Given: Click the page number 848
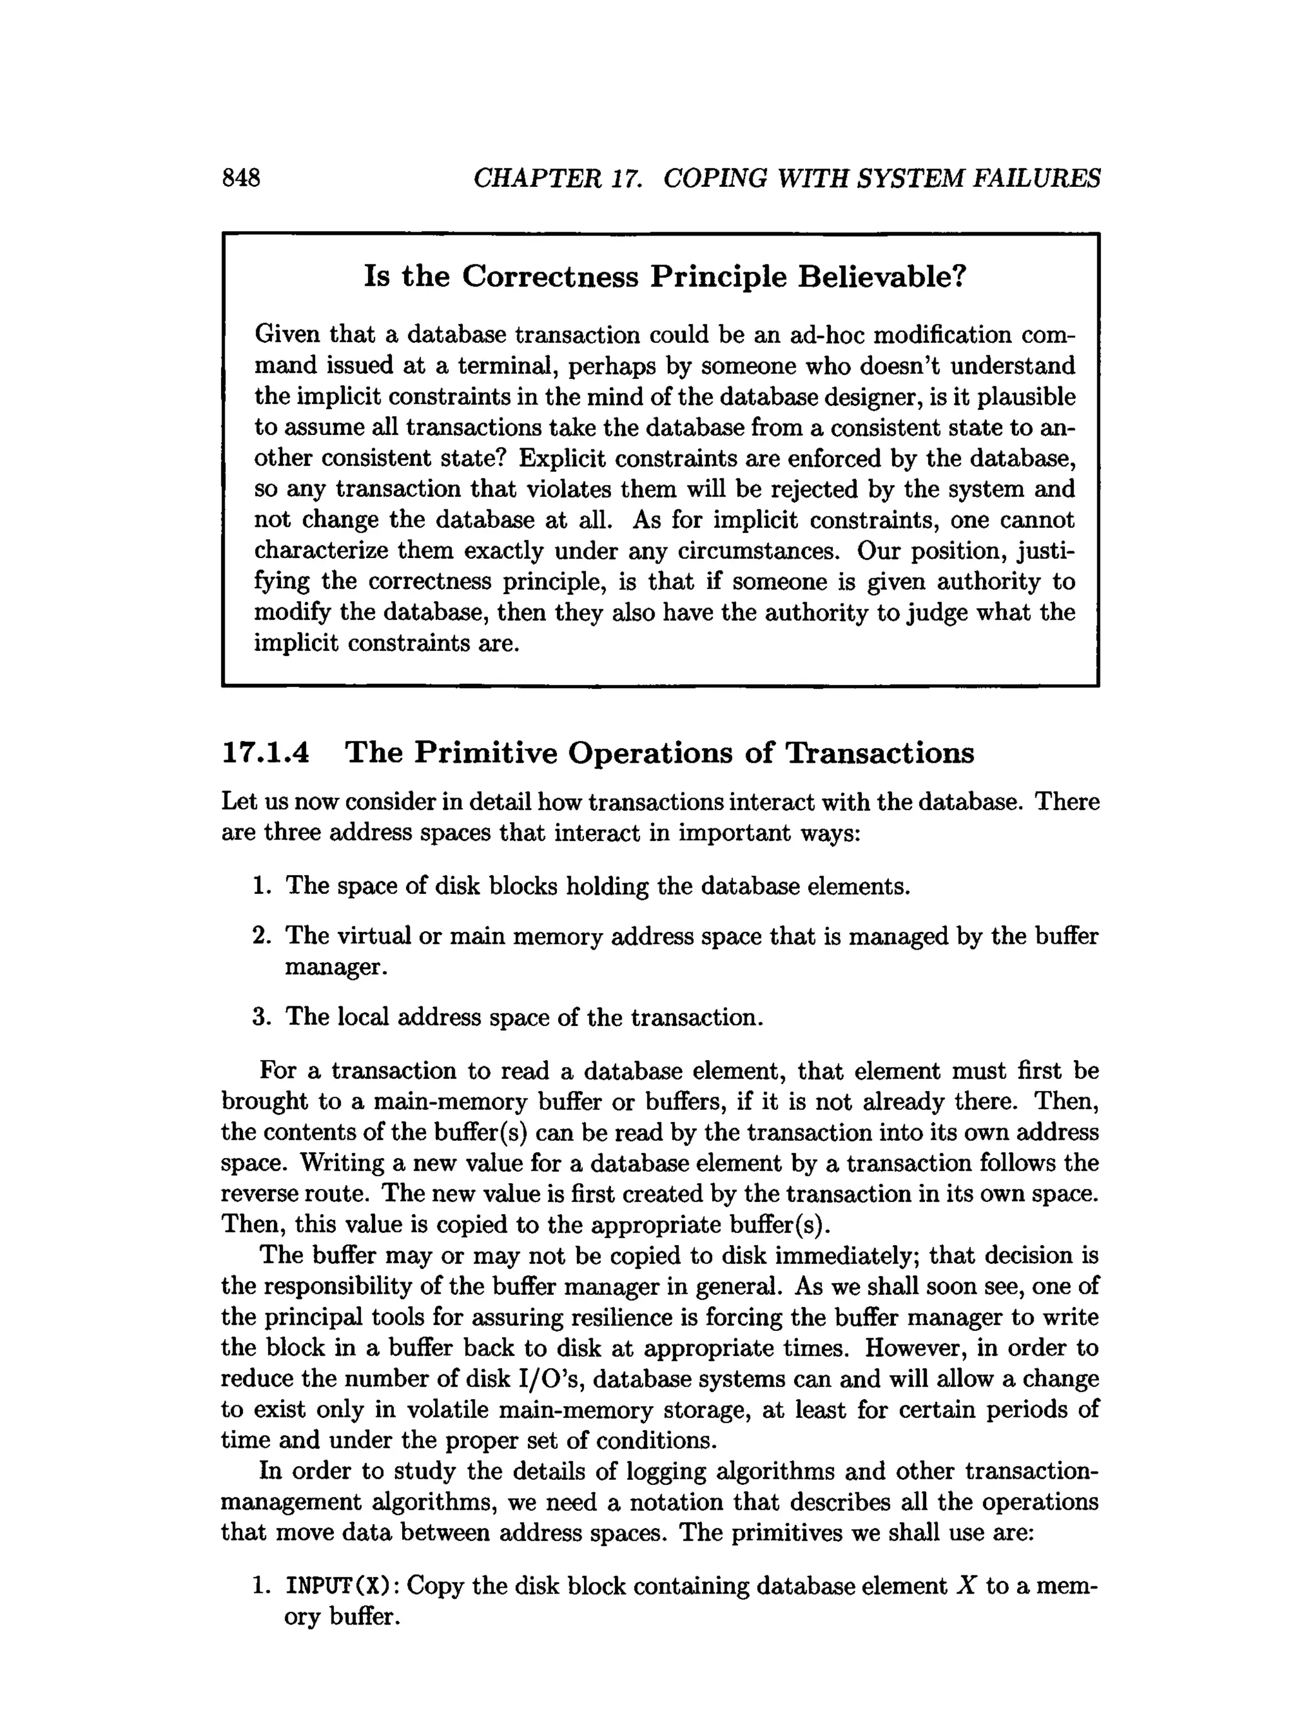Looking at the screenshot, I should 241,178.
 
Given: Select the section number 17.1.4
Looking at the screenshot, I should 265,753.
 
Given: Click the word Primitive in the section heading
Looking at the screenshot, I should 485,753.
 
